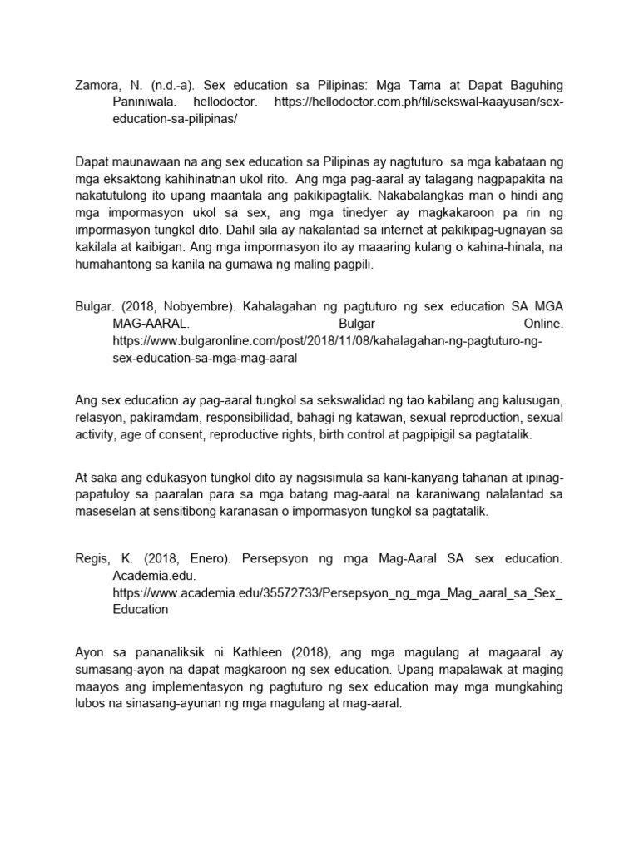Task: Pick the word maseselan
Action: pos(105,513)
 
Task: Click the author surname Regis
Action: pos(92,558)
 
